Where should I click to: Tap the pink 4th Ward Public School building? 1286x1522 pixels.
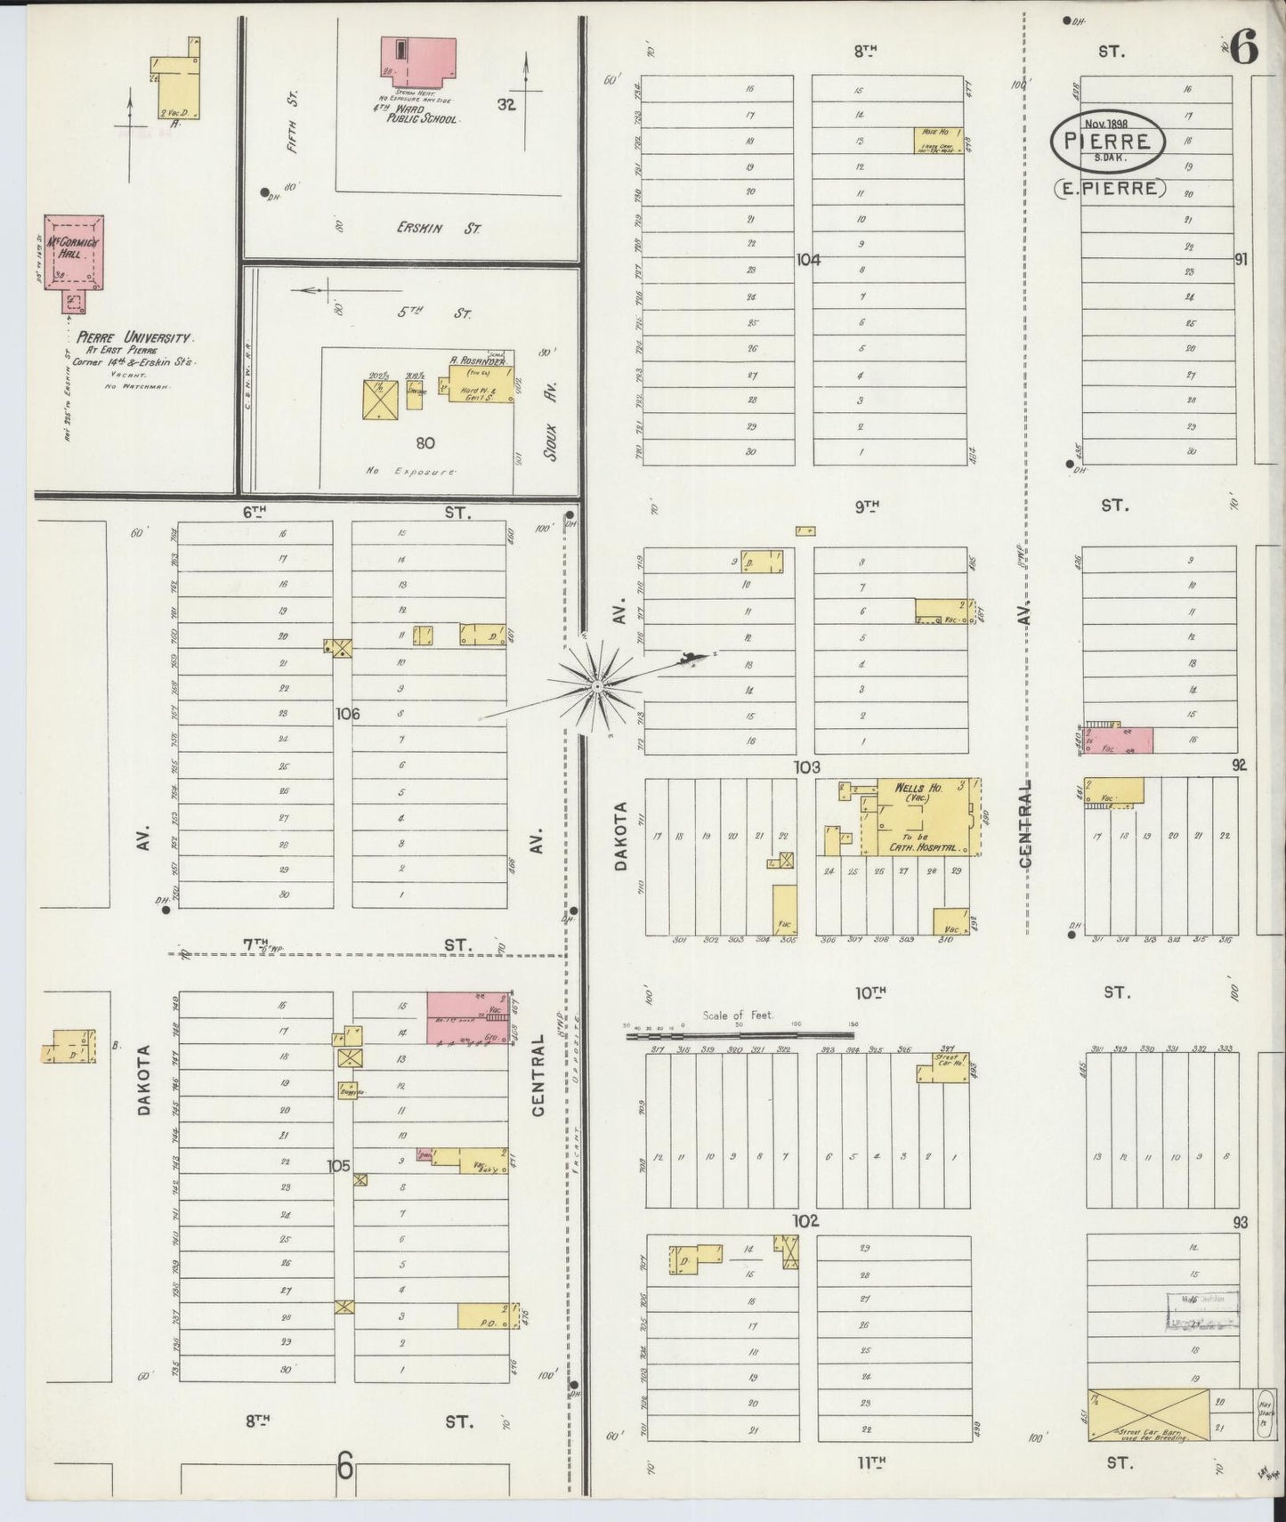(x=417, y=62)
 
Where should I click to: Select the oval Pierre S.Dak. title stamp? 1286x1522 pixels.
(x=1106, y=141)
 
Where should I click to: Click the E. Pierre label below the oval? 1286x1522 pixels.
(x=1110, y=189)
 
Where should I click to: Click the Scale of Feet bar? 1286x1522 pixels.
(x=739, y=1034)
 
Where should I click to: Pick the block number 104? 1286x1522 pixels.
(x=807, y=260)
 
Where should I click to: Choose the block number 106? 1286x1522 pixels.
(x=347, y=713)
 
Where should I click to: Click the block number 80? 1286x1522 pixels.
(x=425, y=442)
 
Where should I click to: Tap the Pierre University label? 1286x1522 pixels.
(x=133, y=338)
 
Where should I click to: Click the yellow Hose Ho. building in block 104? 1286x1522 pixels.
(x=938, y=140)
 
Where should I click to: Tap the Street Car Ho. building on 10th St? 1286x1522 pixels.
(x=945, y=1065)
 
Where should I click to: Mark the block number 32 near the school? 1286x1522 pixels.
(x=506, y=104)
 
